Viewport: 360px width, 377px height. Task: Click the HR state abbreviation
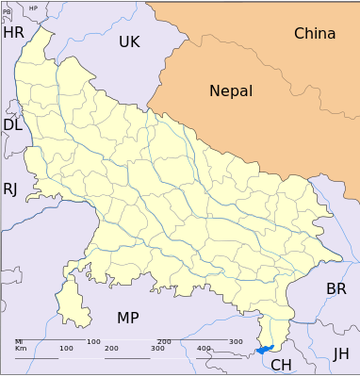(x=13, y=33)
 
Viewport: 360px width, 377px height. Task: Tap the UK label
(x=129, y=41)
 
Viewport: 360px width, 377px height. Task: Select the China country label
(x=315, y=34)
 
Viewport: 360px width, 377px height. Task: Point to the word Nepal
(x=231, y=91)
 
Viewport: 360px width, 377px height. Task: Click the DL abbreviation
(x=12, y=125)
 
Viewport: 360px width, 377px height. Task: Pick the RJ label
(x=10, y=188)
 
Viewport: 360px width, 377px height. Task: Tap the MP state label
(x=128, y=318)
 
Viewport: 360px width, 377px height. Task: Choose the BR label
(x=336, y=288)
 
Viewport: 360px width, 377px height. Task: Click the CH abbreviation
(x=281, y=365)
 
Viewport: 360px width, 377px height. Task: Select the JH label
(x=341, y=353)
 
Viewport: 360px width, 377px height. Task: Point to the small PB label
(x=8, y=12)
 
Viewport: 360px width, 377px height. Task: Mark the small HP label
(x=34, y=8)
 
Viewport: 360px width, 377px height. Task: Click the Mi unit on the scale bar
(x=19, y=341)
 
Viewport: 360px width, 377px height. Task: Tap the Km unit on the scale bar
(x=20, y=349)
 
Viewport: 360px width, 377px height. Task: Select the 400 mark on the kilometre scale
(x=205, y=349)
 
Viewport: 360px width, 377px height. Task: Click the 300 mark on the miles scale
(x=236, y=341)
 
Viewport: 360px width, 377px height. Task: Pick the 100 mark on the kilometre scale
(x=66, y=349)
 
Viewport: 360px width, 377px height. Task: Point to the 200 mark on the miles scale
(x=164, y=341)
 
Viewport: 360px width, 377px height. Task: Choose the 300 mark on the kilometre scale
(x=158, y=349)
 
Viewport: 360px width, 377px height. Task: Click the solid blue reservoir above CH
(x=264, y=349)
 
